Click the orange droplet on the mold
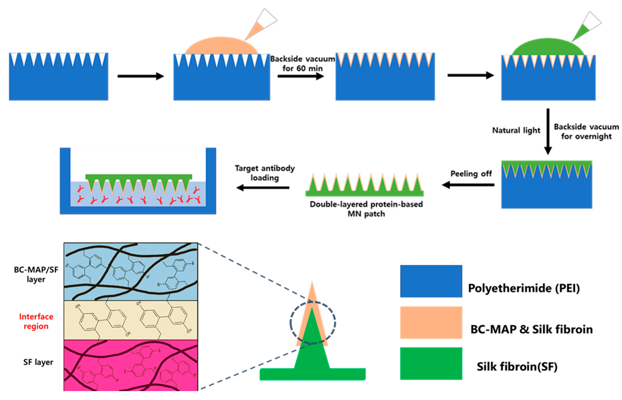click(x=221, y=46)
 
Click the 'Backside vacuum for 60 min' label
click(x=302, y=64)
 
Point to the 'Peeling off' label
click(x=471, y=173)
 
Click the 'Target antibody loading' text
click(x=265, y=173)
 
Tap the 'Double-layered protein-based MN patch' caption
click(x=366, y=209)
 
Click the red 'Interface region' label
click(x=36, y=321)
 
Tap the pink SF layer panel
click(x=131, y=365)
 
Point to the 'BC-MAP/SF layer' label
click(x=36, y=274)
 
